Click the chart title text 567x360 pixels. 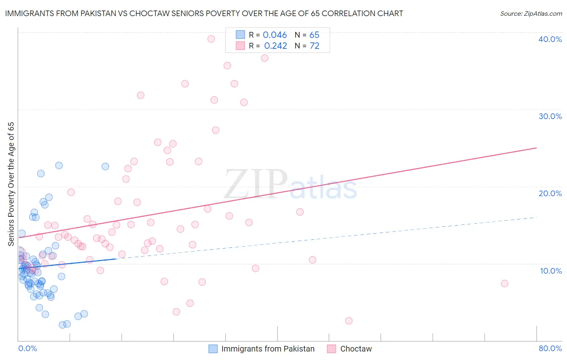pyautogui.click(x=204, y=13)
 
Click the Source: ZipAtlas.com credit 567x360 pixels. pyautogui.click(x=531, y=13)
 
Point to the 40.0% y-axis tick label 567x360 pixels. pyautogui.click(x=550, y=39)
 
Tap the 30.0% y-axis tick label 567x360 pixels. pyautogui.click(x=550, y=116)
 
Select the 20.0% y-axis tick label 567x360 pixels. pyautogui.click(x=550, y=193)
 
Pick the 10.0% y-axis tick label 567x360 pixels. pyautogui.click(x=550, y=271)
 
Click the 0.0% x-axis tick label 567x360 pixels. pyautogui.click(x=27, y=348)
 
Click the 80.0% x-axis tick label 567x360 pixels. pyautogui.click(x=550, y=348)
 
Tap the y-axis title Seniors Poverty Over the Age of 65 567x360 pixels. pyautogui.click(x=11, y=184)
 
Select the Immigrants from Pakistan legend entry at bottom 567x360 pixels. pyautogui.click(x=267, y=349)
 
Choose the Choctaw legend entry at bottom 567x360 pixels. pyautogui.click(x=356, y=349)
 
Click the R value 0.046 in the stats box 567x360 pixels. pyautogui.click(x=275, y=35)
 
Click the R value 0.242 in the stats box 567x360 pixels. pyautogui.click(x=275, y=46)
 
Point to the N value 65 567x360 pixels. pyautogui.click(x=314, y=35)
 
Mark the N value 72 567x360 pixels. pyautogui.click(x=314, y=46)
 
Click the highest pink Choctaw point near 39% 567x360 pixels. pyautogui.click(x=211, y=39)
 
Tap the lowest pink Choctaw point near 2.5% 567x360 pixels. pyautogui.click(x=349, y=321)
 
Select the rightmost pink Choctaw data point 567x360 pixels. pyautogui.click(x=504, y=283)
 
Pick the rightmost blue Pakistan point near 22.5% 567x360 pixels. pyautogui.click(x=105, y=166)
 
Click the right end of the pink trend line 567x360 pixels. pyautogui.click(x=536, y=148)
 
